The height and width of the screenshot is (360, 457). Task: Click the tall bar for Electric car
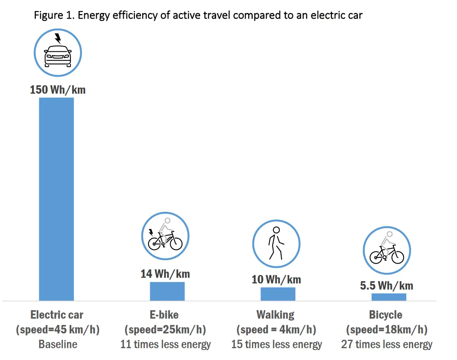(56, 199)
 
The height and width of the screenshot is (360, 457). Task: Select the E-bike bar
(167, 291)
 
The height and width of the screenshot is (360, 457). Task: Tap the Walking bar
(278, 294)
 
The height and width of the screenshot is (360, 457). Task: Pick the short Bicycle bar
(389, 297)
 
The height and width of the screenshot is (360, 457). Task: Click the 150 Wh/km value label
(58, 90)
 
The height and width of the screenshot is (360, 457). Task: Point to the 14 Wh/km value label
(165, 274)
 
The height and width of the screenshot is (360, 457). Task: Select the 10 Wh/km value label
(276, 280)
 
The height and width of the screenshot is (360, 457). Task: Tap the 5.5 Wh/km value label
(386, 286)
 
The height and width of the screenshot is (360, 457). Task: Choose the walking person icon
(276, 243)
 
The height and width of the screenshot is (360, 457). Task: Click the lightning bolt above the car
(58, 38)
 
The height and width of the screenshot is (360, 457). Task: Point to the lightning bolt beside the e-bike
(151, 232)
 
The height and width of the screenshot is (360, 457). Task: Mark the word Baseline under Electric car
(58, 344)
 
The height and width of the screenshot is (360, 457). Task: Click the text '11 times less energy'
(166, 344)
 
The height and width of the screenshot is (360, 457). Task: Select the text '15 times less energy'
(276, 344)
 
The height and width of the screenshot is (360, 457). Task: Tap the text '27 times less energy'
(387, 344)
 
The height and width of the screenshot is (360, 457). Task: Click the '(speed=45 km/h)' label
(58, 330)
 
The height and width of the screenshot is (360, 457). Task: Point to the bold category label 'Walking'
(276, 315)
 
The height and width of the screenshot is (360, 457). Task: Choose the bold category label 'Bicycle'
(386, 315)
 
